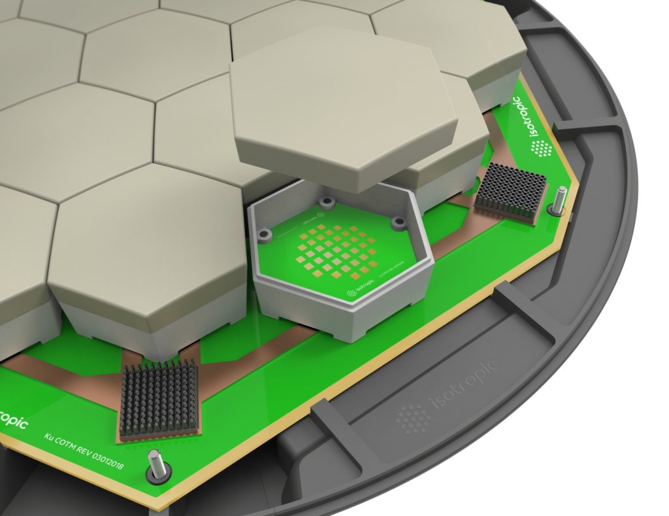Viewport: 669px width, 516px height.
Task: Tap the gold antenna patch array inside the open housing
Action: click(x=336, y=249)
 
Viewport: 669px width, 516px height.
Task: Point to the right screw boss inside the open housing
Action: click(x=396, y=223)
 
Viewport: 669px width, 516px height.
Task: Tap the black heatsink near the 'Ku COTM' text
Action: click(x=159, y=400)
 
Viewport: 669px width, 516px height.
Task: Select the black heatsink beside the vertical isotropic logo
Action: click(x=509, y=191)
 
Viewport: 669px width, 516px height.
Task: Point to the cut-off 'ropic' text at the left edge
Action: click(x=12, y=423)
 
